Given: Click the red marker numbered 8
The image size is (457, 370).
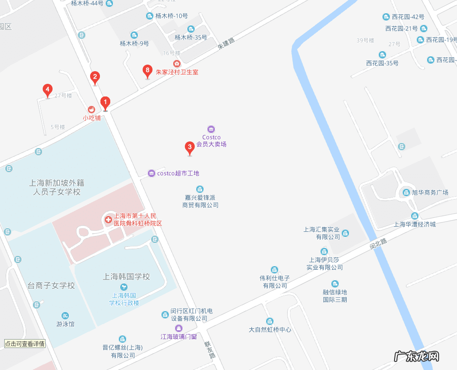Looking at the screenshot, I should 147,72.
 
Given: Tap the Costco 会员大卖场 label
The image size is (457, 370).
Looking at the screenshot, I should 211,141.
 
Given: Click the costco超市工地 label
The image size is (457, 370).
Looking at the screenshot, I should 178,173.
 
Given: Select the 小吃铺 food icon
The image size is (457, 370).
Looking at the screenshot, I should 91,109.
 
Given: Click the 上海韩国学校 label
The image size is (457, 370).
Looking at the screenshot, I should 126,277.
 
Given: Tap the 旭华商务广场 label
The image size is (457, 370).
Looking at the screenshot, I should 430,192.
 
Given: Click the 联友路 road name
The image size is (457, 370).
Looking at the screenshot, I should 209,349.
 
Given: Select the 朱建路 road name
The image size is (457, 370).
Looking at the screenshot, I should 226,44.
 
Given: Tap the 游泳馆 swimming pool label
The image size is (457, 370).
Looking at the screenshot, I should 65,324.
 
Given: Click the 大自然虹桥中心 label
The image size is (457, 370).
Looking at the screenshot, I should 270,329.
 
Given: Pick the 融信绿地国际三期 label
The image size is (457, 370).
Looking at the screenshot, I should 335,296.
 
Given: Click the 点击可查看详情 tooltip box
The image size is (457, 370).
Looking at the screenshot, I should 25,344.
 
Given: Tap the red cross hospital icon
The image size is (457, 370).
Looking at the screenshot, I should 108,219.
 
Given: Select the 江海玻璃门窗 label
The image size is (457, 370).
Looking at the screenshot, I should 178,336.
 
